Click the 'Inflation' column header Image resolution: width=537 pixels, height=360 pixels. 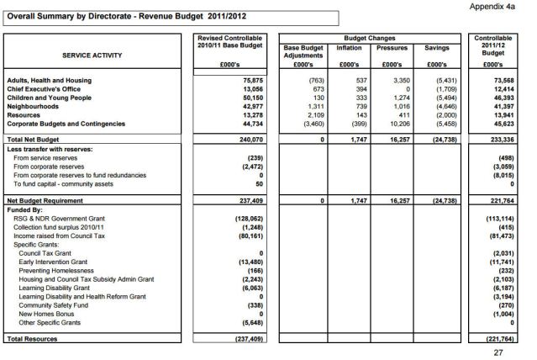pos(349,49)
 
